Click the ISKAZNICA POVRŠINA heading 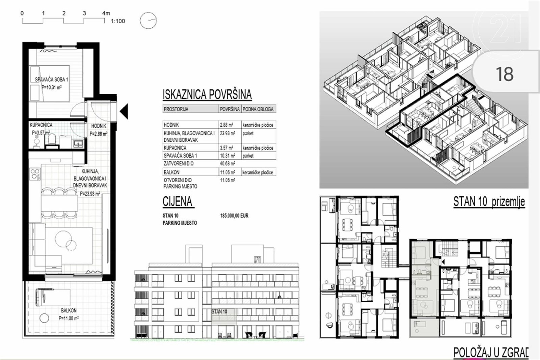tap(207, 94)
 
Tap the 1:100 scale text tap(118, 21)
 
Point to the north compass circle tap(148, 21)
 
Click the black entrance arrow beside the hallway tap(124, 111)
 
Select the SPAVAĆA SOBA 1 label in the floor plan tap(52, 80)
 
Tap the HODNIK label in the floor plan tap(99, 126)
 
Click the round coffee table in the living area tap(63, 239)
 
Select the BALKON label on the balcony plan tap(69, 311)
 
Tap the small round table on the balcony tap(44, 318)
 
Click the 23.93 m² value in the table tap(227, 133)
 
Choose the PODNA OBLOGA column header tap(258, 109)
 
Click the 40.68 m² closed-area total tap(227, 164)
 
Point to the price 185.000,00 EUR tap(234, 216)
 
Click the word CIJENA tap(178, 202)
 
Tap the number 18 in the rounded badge tap(505, 74)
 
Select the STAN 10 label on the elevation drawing tap(219, 311)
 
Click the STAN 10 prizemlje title tap(489, 201)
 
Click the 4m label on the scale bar tap(106, 13)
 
